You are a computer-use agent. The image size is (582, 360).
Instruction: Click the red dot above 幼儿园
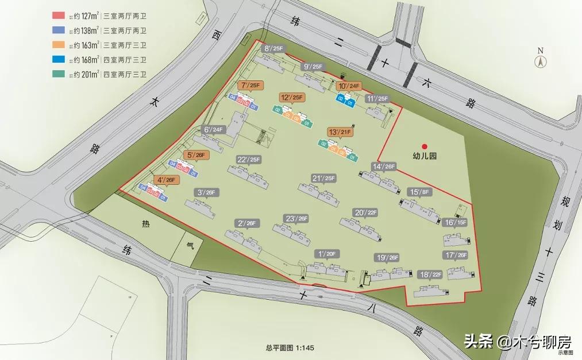point(425,146)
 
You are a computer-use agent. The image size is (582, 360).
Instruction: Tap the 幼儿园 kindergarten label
point(425,156)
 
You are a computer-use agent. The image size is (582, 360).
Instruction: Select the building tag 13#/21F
point(339,132)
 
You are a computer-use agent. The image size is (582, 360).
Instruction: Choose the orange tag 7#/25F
point(251,86)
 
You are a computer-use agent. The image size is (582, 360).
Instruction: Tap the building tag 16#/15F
point(455,222)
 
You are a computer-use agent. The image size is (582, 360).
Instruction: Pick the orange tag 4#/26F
point(167,180)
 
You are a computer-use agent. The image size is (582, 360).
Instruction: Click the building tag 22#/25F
point(248,160)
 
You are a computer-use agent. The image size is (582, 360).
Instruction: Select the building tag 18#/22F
point(430,274)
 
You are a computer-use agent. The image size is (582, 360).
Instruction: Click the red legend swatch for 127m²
point(57,16)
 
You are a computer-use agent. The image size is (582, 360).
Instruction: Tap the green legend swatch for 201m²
point(57,73)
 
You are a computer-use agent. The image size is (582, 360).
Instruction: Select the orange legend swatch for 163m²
point(57,45)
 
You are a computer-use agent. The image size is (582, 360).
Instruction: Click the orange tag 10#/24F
point(349,87)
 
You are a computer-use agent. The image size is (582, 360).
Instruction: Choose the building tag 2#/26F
point(246,223)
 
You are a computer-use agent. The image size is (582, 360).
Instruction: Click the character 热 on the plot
point(145,226)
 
